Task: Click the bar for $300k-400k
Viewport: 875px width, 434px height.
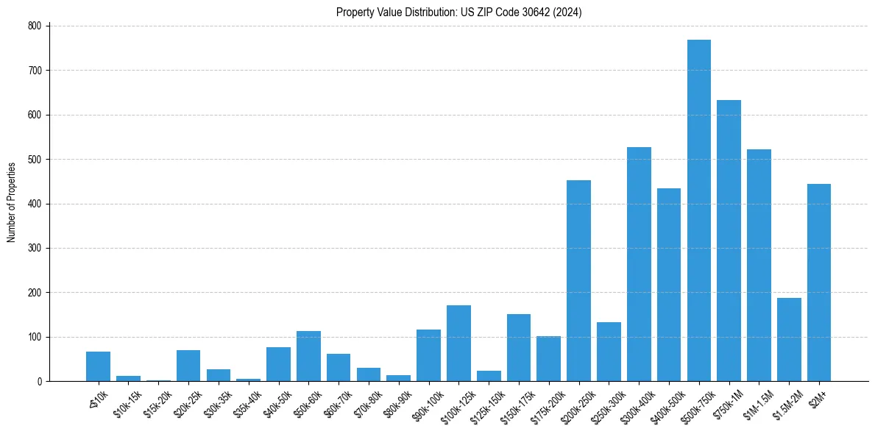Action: (639, 264)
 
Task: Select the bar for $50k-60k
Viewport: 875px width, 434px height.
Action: (308, 356)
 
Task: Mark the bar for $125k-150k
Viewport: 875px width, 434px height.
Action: (489, 376)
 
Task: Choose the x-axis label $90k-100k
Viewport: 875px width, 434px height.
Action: (425, 401)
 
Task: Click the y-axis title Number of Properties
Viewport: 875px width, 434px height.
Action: (11, 203)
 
